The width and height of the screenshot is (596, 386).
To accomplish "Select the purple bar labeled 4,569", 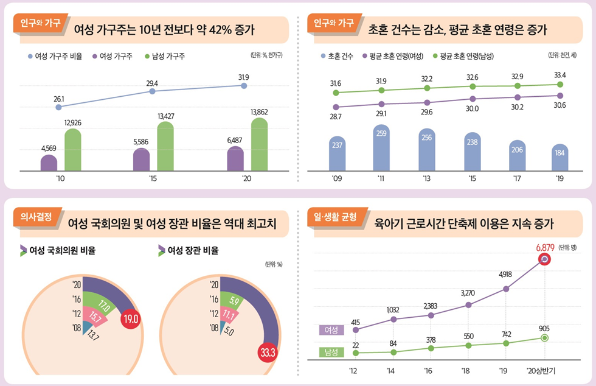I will tap(49, 163).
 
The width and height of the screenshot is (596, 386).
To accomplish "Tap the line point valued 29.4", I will tap(152, 91).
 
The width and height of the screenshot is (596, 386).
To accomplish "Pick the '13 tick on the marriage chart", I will tap(427, 179).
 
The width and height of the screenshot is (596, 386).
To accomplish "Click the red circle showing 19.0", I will tap(131, 318).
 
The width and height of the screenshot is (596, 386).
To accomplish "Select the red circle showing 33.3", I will tap(268, 352).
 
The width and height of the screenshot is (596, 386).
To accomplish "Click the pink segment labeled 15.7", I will tap(95, 317).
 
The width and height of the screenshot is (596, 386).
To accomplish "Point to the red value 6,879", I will tap(546, 247).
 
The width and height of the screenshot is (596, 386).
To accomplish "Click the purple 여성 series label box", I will tap(331, 330).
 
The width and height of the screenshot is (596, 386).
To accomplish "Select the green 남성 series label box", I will tap(331, 352).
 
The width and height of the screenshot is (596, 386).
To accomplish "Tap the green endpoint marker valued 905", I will tap(545, 338).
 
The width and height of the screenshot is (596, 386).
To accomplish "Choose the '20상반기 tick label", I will tap(545, 371).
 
